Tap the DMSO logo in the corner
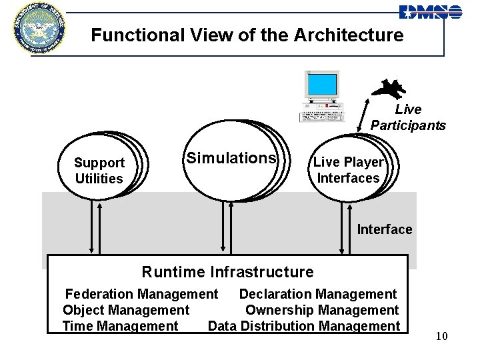click(430, 11)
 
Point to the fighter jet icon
click(388, 88)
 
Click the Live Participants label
click(408, 117)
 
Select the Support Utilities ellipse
click(99, 171)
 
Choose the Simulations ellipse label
click(231, 158)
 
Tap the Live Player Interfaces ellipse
click(348, 170)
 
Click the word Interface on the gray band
click(385, 229)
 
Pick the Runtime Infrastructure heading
click(227, 272)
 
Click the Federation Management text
click(141, 294)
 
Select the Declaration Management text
click(317, 294)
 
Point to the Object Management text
click(126, 310)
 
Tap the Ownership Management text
click(322, 310)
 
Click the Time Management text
click(120, 326)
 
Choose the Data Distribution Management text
click(303, 326)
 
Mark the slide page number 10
click(441, 336)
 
